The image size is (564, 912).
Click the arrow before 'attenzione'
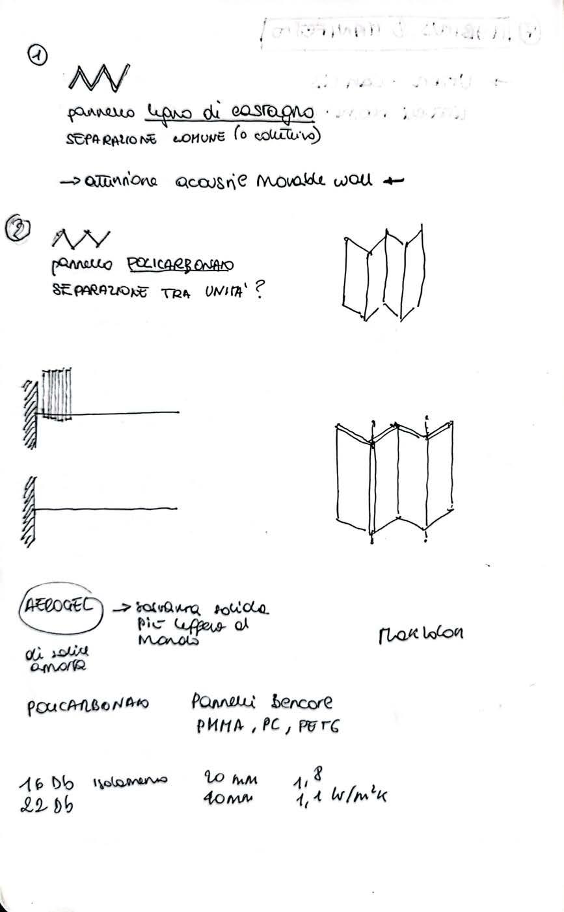(x=72, y=183)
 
